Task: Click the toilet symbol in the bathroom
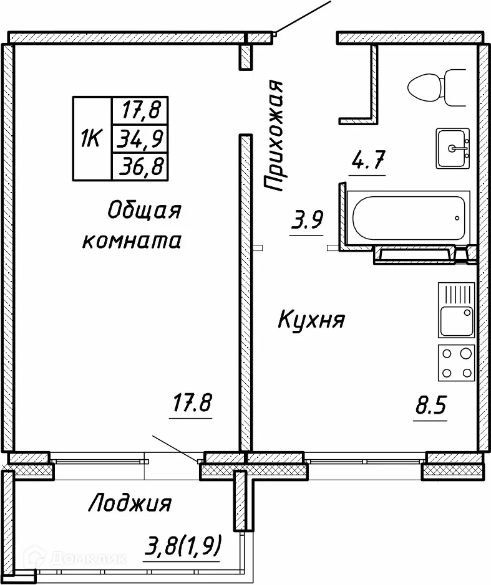coord(436,87)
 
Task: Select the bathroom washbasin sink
coord(453,148)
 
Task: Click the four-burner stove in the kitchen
coord(456,363)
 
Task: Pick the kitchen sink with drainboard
coord(456,310)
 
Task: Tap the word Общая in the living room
coord(144,211)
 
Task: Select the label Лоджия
coord(130,502)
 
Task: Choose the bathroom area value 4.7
coord(367,163)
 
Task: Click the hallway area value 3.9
coord(307,221)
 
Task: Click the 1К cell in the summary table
coord(91,138)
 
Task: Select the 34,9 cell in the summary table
coord(140,138)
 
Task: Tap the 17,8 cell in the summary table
coord(140,111)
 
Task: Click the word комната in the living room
coord(132,240)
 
